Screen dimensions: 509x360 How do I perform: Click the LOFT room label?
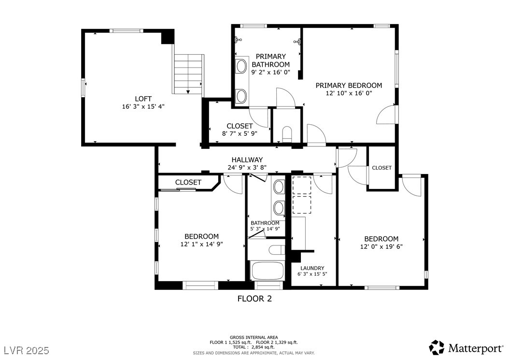point(143,99)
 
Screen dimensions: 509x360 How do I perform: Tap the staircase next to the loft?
point(189,74)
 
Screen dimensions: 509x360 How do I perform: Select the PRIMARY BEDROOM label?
point(349,86)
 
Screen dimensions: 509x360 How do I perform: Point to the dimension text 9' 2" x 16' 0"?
point(271,72)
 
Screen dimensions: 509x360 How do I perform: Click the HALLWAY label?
point(247,160)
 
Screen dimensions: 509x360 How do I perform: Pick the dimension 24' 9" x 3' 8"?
point(247,168)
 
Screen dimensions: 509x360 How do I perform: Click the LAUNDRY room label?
point(312,268)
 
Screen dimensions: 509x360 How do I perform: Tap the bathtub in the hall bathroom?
point(268,271)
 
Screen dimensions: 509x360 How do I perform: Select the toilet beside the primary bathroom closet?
point(287,134)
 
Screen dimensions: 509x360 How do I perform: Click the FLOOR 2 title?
point(254,299)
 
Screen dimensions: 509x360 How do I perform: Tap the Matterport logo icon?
point(437,347)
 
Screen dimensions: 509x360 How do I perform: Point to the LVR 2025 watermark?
point(27,350)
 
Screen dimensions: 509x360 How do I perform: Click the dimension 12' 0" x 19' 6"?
point(381,246)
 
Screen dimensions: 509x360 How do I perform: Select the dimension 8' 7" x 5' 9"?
point(240,133)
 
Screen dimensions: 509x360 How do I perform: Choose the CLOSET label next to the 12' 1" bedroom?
point(188,182)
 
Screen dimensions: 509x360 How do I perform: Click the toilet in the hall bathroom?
point(277,250)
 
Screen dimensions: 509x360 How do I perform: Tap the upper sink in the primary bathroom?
point(241,66)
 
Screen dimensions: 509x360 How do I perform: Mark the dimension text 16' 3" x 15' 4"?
point(143,107)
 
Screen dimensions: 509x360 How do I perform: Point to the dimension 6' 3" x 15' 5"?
point(312,274)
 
